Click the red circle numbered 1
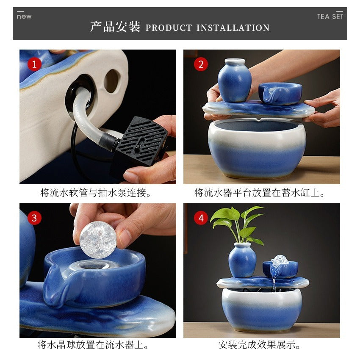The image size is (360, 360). (x=34, y=64)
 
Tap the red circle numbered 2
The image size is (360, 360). (x=201, y=64)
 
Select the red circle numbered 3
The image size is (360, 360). (x=34, y=218)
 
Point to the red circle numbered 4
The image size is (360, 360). (x=201, y=218)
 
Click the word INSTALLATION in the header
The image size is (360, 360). (x=233, y=28)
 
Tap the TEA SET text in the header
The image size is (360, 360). (x=330, y=17)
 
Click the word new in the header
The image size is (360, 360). (x=24, y=17)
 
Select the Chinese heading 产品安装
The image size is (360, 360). (x=115, y=27)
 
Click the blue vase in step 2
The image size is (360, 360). (x=234, y=80)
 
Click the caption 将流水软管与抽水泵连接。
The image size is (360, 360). (x=96, y=193)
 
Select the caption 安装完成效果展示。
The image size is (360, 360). (x=260, y=345)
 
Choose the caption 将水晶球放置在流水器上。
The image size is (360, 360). (x=93, y=345)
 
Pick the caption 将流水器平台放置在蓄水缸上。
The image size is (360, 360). (x=260, y=193)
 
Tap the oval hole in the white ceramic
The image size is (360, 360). (x=112, y=81)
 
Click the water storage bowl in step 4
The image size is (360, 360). (x=261, y=308)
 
